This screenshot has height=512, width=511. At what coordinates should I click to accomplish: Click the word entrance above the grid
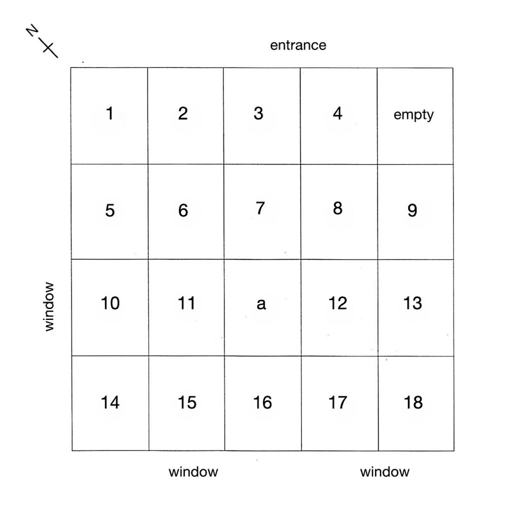298,45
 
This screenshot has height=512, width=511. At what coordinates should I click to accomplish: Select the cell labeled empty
415,116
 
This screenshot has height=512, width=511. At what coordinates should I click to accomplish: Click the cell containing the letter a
262,307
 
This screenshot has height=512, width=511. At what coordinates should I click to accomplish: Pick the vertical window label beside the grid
49,306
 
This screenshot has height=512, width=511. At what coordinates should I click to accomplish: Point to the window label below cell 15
193,472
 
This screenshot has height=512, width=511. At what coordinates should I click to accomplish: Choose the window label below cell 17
384,472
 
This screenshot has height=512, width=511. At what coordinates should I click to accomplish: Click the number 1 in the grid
109,113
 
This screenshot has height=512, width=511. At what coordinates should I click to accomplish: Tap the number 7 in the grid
260,208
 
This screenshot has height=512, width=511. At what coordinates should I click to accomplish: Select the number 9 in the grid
412,210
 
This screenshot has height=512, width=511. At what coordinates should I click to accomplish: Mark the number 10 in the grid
110,303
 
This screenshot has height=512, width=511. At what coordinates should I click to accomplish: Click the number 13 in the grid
412,303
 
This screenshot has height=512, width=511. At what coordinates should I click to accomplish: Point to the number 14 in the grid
110,402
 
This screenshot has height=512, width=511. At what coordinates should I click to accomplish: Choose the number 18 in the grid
413,402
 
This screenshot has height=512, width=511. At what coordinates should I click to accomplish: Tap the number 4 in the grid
337,113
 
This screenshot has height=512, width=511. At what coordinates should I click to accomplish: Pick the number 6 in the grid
183,210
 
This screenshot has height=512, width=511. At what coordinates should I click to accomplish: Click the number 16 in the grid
262,402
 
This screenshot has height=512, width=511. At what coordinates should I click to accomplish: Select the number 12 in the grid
337,303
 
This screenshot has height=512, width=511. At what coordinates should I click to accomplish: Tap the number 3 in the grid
258,113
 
